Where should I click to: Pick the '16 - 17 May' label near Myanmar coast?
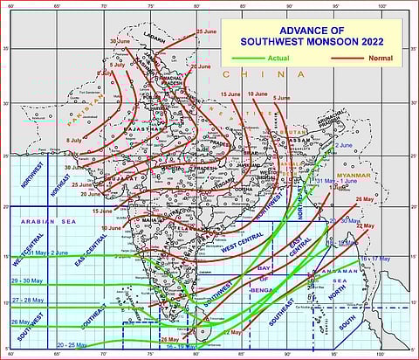coord(376,260)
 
